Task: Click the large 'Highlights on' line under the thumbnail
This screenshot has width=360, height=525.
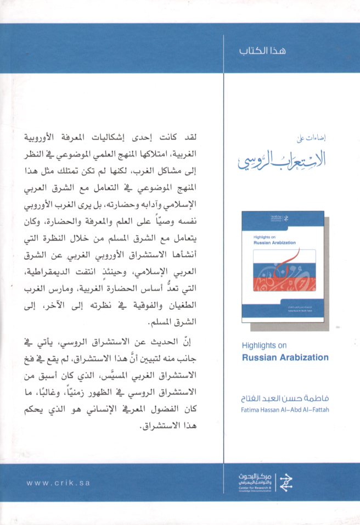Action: click(264, 347)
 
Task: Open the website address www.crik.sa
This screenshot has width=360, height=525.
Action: click(58, 483)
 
